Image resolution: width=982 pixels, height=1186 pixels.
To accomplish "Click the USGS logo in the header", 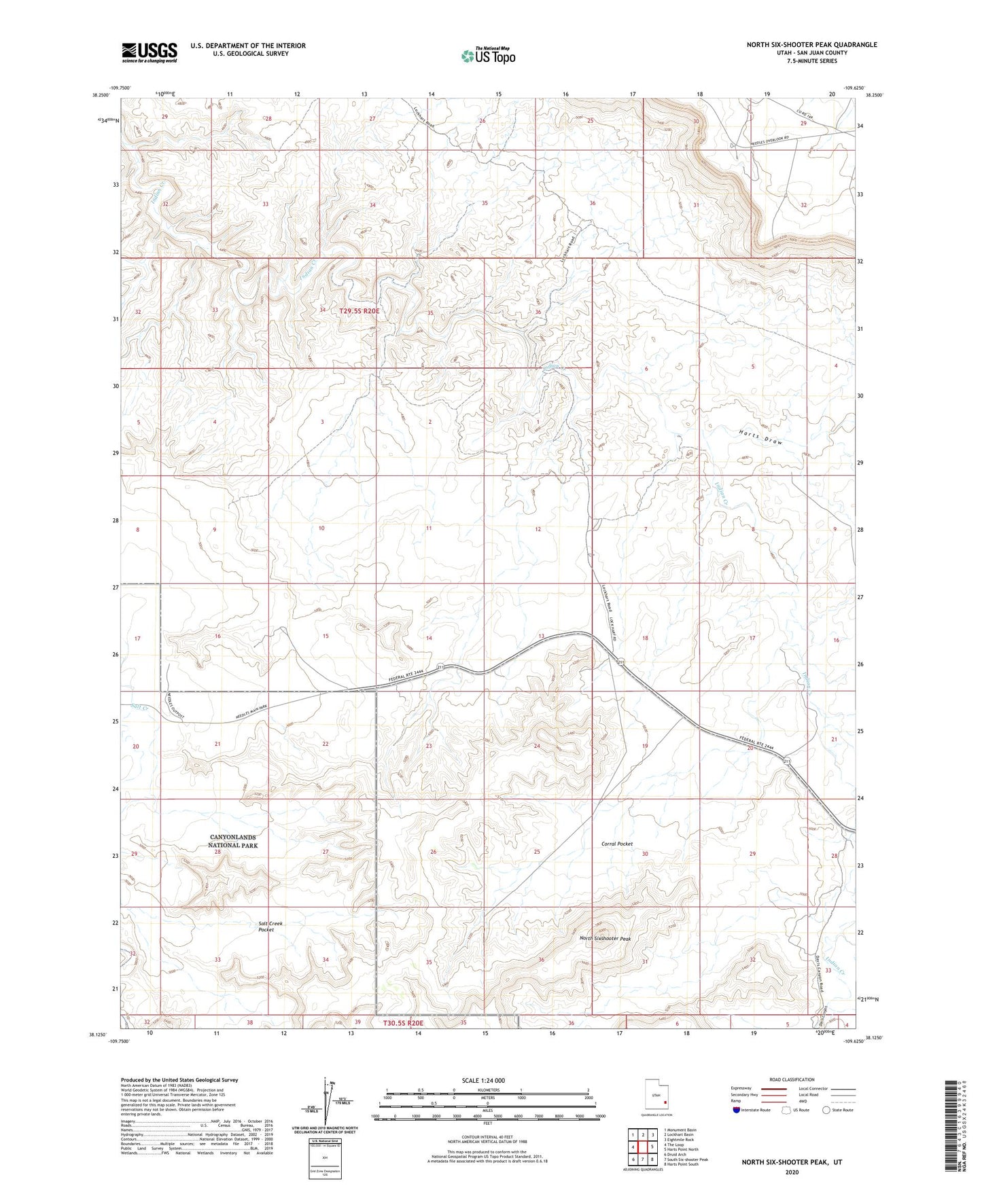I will (150, 52).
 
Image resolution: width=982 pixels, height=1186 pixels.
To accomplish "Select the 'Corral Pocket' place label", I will (616, 844).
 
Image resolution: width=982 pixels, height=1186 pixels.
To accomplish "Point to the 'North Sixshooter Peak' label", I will (605, 939).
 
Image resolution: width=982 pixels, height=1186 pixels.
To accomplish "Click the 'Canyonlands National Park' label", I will (233, 841).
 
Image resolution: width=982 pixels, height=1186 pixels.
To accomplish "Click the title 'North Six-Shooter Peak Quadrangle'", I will (811, 45).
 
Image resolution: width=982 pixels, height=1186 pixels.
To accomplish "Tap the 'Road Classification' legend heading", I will (792, 1079).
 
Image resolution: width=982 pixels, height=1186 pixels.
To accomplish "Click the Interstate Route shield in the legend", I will (737, 1110).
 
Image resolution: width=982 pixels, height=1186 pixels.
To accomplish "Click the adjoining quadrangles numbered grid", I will (642, 1148).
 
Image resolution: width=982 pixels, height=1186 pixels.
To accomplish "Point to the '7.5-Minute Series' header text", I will (813, 61).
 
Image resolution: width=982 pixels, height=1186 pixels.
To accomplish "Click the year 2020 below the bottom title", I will (792, 1172).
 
